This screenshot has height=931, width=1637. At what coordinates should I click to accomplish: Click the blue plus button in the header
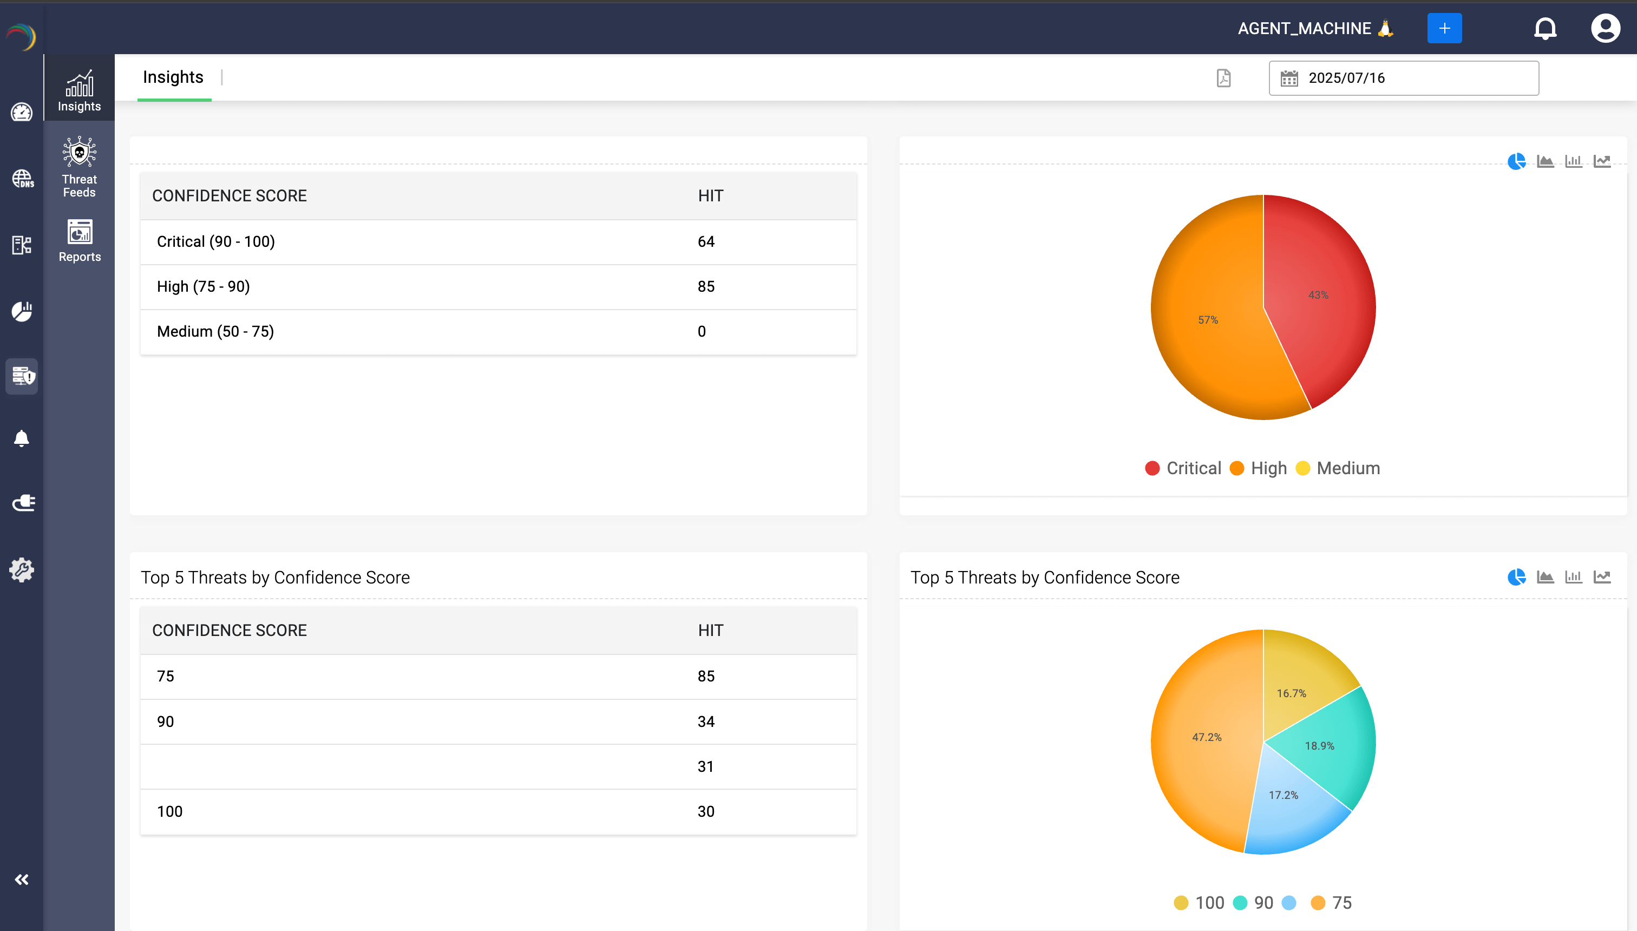coord(1444,28)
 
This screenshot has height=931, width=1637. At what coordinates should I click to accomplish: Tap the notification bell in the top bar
coord(1545,28)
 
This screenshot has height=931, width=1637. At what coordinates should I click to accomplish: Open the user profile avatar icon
coord(1605,28)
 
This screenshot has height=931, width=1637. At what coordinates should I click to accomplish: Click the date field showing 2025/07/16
coord(1403,78)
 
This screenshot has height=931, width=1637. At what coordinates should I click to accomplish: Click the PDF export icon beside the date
coord(1223,78)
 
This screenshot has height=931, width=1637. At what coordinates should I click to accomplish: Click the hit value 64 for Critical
coord(706,242)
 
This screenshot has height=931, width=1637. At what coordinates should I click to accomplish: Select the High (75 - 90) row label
coord(204,286)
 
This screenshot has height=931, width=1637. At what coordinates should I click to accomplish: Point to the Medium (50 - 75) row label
coord(215,331)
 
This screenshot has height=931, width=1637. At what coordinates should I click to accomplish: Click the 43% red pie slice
coord(1318,295)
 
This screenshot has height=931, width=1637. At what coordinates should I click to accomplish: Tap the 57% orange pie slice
coord(1208,320)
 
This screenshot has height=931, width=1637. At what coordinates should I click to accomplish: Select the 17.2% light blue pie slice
coord(1284,795)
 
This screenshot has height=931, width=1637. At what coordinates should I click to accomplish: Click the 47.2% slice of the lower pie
coord(1207,737)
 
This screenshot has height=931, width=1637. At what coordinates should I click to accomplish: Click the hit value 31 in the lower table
coord(705,766)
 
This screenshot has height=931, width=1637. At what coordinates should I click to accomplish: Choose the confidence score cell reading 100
coord(169,811)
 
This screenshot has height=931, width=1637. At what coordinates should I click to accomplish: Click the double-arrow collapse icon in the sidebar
coord(22,879)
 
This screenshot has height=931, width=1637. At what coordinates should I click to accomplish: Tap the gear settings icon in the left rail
coord(22,569)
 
